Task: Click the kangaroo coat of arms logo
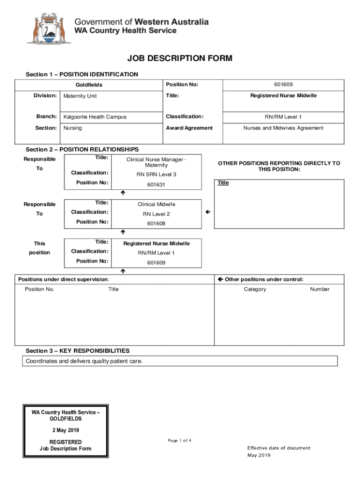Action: [x=49, y=29]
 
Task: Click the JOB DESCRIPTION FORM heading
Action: [x=180, y=58]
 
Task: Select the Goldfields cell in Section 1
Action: [x=89, y=85]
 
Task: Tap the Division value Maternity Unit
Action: [x=80, y=96]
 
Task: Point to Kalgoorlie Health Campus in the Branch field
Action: [x=95, y=116]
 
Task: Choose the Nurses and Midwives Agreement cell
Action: [x=283, y=128]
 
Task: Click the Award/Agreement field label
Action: [x=189, y=128]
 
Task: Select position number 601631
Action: [x=156, y=185]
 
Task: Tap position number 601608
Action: [x=156, y=224]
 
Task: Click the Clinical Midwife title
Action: [x=156, y=204]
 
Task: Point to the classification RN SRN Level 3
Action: [x=156, y=174]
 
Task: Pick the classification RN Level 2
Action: [x=156, y=214]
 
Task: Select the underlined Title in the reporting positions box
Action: [x=223, y=183]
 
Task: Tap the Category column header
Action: [x=255, y=289]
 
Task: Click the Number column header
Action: [x=319, y=289]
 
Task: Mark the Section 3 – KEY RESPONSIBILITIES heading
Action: [x=78, y=351]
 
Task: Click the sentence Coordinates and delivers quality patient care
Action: [x=84, y=361]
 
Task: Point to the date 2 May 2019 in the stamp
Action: [x=65, y=430]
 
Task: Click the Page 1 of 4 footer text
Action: [x=180, y=440]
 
